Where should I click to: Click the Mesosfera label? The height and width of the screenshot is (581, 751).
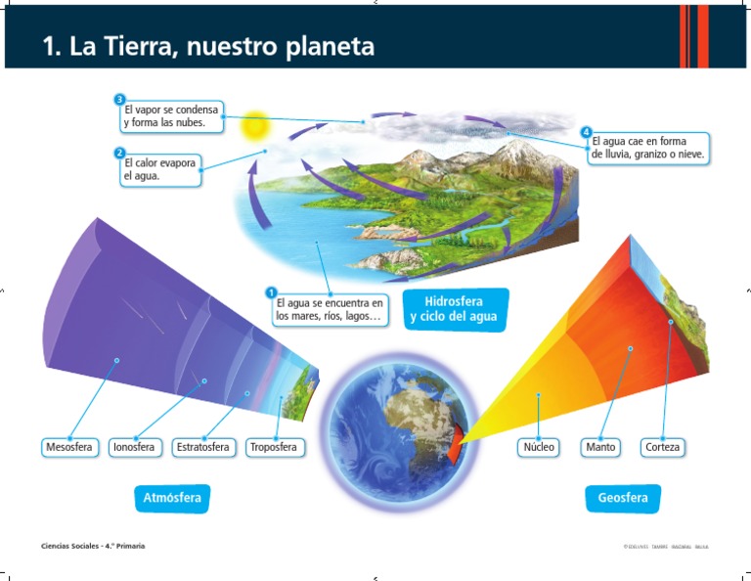pos(68,447)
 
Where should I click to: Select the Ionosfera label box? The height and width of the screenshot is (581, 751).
pos(133,447)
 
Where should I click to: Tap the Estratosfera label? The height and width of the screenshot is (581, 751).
pos(203,447)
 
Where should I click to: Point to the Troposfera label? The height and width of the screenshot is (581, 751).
pos(275,447)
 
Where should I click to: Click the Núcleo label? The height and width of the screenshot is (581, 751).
pos(539,447)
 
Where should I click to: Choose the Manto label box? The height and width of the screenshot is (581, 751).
pos(600,447)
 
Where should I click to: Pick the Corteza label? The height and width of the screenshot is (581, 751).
pos(662,447)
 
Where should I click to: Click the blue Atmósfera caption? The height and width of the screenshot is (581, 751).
pos(172,499)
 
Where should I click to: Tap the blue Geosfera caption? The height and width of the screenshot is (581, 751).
pos(623,499)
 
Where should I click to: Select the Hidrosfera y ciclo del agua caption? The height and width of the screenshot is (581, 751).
pos(454,309)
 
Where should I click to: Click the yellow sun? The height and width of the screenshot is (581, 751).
pos(255,125)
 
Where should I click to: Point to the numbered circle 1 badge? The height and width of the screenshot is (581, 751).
pos(271,291)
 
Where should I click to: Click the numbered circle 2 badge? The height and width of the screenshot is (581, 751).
pos(119,153)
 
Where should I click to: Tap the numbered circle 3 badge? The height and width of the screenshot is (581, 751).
pos(119,99)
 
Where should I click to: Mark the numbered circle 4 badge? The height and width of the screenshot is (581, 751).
pos(586,131)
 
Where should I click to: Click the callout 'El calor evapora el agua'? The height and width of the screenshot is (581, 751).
pos(158,170)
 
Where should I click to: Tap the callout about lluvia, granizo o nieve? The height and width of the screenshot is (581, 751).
pos(647,149)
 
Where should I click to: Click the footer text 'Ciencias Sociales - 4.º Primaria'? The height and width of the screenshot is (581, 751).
pos(93,545)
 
